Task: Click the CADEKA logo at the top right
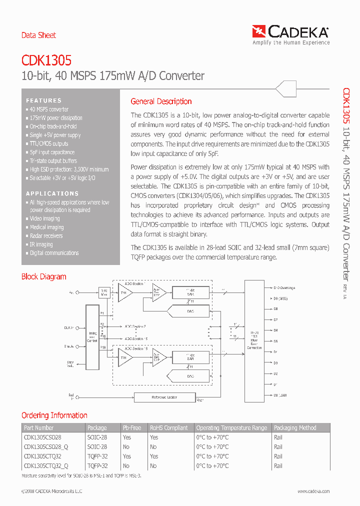point(291,32)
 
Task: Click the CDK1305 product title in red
point(46,60)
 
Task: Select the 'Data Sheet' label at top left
point(38,35)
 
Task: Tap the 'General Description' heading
point(161,101)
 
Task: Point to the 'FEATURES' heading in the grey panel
point(44,100)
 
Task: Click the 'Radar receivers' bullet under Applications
point(46,236)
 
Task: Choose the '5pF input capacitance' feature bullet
point(52,152)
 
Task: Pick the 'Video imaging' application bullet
point(44,219)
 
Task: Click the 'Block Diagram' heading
point(43,276)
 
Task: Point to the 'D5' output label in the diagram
point(275,341)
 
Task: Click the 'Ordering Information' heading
point(54,415)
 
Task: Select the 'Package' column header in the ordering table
point(97,428)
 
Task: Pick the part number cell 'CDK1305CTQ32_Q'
point(46,465)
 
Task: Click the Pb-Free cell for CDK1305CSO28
point(126,437)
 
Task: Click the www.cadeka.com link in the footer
point(312,491)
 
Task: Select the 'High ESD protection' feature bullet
point(69,169)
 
